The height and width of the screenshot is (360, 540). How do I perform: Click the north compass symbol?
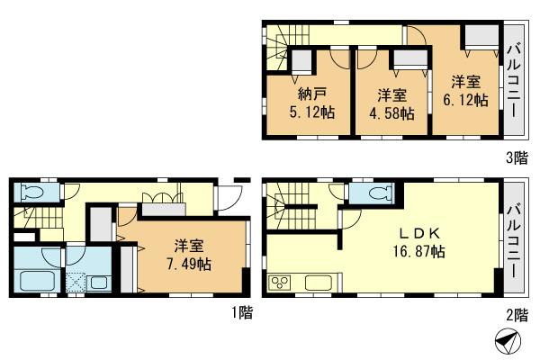tap(508, 341)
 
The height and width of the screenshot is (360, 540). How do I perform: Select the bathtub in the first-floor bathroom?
tap(35, 280)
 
